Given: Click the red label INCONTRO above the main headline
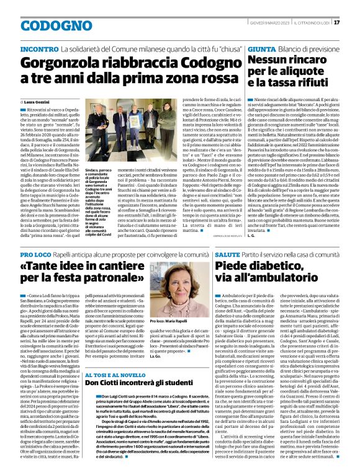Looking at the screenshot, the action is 38,48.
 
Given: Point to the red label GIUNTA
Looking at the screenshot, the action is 262,48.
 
